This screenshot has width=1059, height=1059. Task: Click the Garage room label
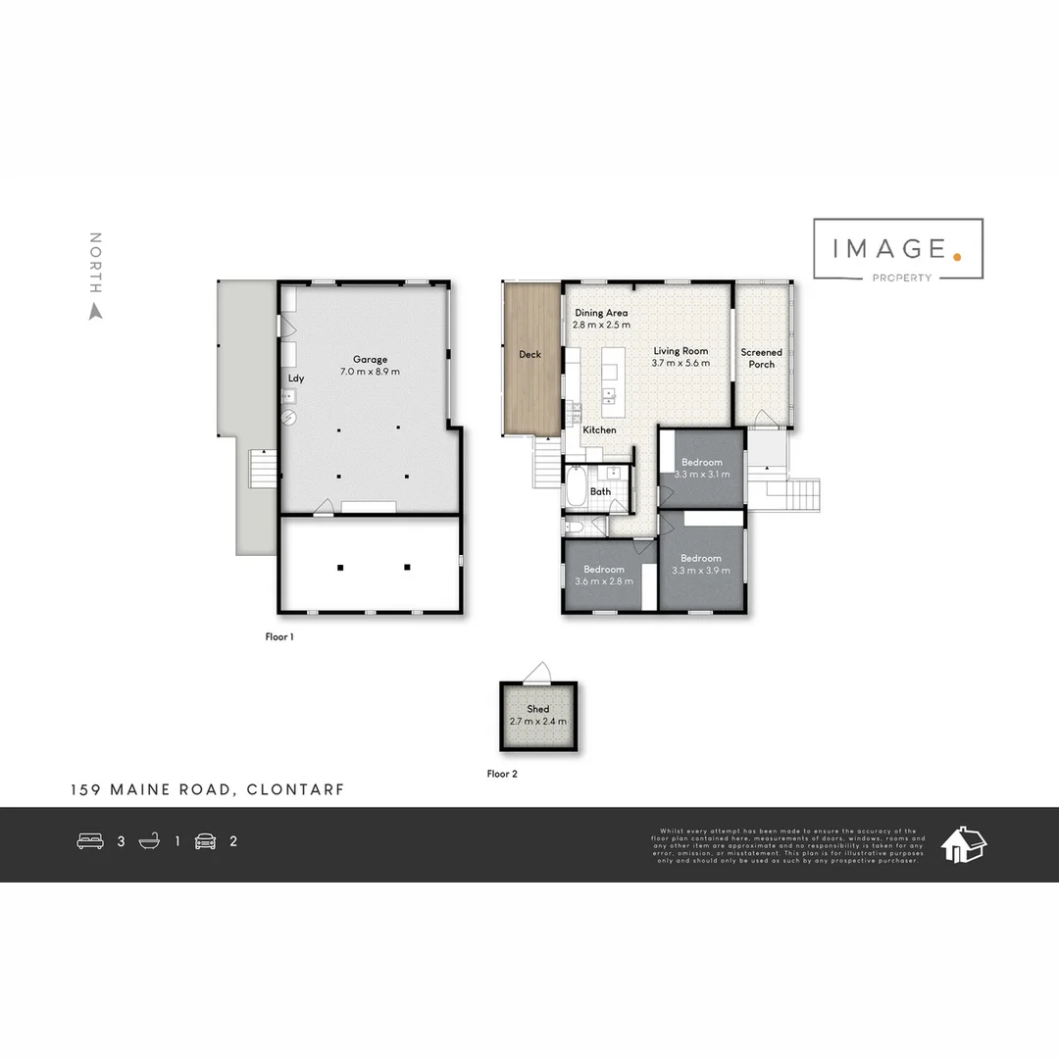click(371, 360)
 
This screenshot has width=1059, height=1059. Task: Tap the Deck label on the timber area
click(529, 354)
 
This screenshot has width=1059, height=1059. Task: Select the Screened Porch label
click(761, 358)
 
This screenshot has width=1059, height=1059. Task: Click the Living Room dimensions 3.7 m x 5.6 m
click(680, 364)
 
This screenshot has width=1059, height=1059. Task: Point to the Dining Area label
click(601, 313)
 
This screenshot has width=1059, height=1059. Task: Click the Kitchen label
click(599, 430)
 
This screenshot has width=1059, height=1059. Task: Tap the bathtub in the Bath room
click(576, 486)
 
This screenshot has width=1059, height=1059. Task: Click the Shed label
click(537, 709)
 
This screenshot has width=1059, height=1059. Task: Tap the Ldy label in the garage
click(295, 378)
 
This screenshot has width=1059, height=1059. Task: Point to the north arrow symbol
click(95, 312)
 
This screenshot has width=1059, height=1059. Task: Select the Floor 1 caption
click(279, 636)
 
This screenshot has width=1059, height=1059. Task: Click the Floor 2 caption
click(502, 774)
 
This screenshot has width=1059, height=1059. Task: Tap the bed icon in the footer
click(90, 840)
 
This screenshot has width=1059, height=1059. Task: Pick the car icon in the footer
click(205, 840)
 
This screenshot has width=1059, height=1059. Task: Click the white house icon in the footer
click(963, 843)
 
